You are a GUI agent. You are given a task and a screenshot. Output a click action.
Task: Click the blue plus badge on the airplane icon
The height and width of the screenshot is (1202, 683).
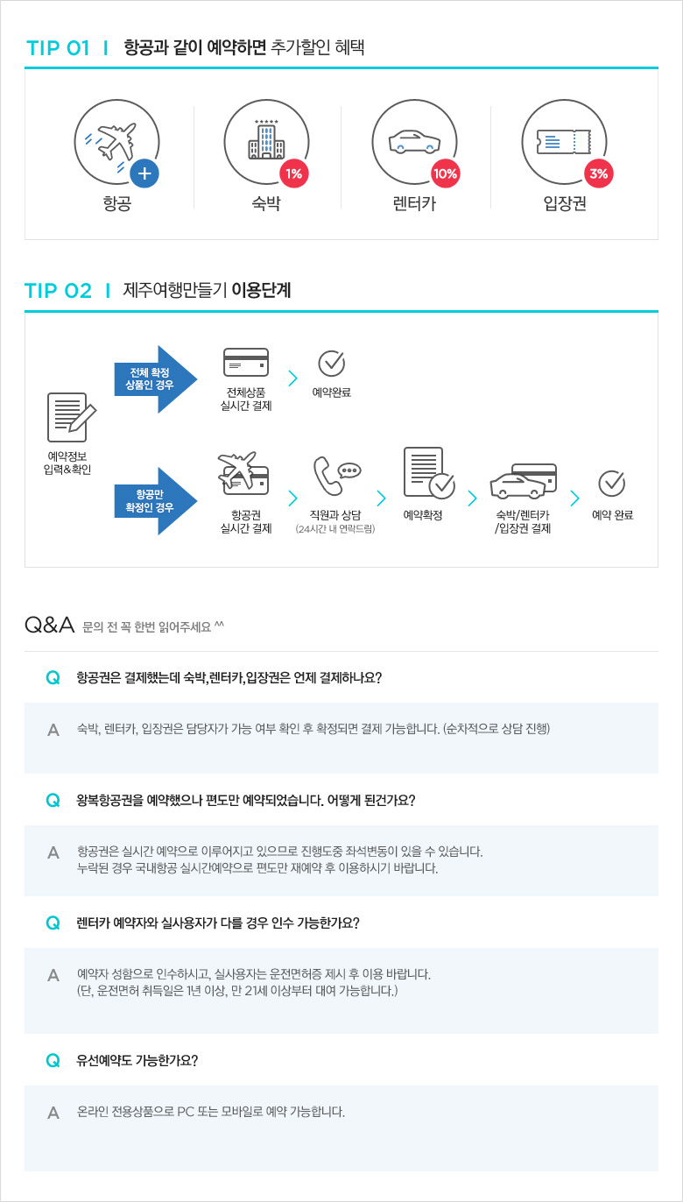click(144, 173)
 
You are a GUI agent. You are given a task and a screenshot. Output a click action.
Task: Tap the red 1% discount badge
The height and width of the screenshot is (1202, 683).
click(294, 173)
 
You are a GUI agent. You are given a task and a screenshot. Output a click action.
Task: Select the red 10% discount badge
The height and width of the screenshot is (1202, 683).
click(446, 173)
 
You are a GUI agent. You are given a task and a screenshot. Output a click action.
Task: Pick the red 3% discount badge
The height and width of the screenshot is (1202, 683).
click(599, 173)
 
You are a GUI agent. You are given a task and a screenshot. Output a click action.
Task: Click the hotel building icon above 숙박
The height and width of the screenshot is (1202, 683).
click(266, 139)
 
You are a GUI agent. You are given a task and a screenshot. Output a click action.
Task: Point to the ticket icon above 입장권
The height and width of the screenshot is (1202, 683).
click(564, 142)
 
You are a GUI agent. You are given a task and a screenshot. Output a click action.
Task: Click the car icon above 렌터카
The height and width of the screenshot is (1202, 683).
click(414, 142)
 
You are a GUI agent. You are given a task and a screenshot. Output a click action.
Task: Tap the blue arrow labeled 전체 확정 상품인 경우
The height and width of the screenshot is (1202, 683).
click(156, 379)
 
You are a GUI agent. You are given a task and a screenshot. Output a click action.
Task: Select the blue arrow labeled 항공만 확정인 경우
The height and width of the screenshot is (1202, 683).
click(156, 501)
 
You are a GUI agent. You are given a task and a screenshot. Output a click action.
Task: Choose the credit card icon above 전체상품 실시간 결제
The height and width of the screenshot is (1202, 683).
click(246, 362)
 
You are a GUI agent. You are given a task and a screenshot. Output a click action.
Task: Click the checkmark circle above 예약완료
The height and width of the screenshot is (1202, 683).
click(332, 364)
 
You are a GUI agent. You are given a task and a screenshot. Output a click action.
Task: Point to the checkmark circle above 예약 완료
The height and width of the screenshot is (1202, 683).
click(612, 484)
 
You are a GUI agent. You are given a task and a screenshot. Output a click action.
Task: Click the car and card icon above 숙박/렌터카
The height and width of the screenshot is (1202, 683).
click(523, 481)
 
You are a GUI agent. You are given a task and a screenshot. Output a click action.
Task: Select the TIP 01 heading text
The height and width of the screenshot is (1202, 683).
click(58, 48)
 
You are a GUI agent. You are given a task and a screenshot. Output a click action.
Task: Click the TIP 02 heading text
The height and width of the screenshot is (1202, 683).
click(58, 291)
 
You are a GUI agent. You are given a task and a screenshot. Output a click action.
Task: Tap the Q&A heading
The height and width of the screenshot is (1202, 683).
click(49, 625)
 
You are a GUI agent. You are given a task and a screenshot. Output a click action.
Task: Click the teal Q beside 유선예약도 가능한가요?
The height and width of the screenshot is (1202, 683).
click(53, 1060)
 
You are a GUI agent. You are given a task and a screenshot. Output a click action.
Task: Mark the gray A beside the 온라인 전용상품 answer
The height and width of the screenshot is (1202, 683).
click(53, 1113)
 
